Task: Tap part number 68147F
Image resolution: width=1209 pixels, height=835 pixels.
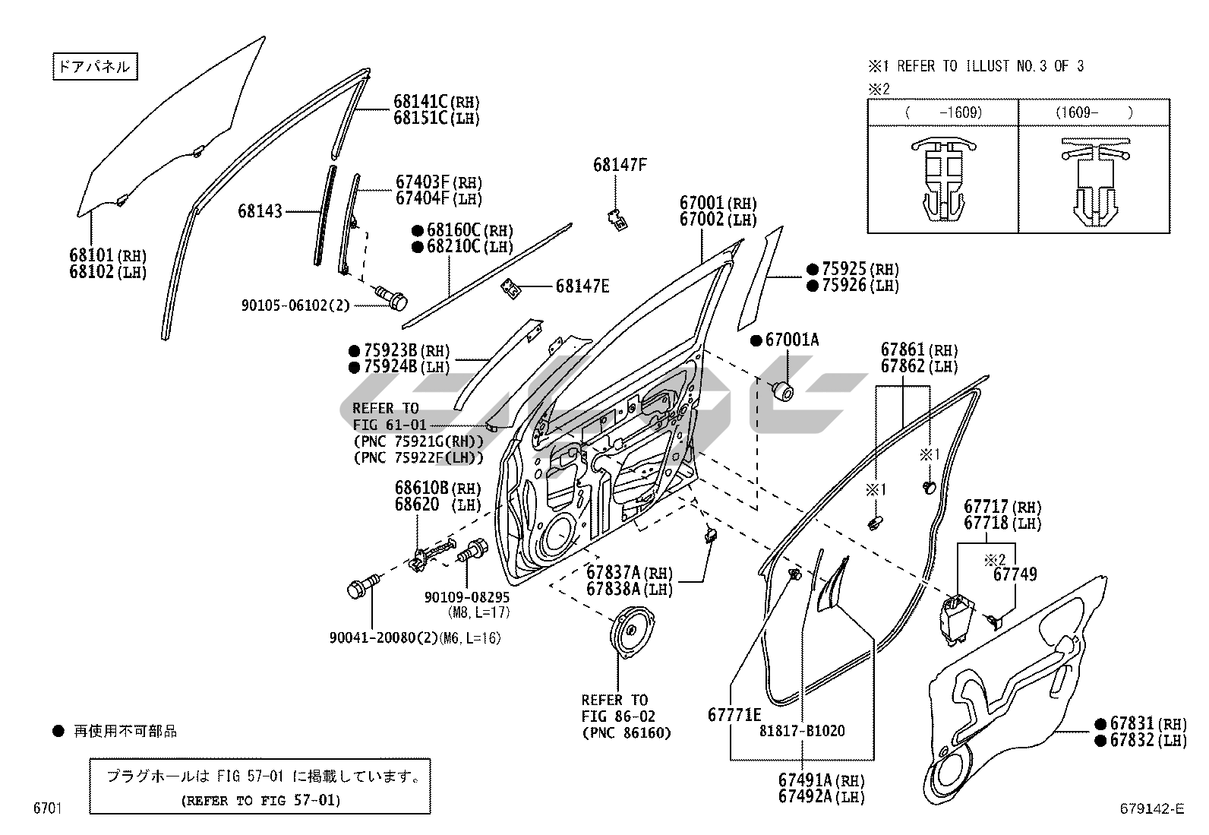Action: coord(620,165)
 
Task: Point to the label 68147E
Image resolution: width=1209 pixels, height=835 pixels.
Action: coord(582,286)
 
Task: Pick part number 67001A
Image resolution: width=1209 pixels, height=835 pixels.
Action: coord(791,340)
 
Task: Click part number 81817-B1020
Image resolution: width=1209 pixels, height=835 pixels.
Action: coord(802,732)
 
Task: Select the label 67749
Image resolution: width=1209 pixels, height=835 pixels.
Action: coord(1015,574)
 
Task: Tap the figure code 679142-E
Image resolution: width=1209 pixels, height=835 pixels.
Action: coord(1151,809)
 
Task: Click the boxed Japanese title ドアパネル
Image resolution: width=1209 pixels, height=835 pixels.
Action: coord(94,67)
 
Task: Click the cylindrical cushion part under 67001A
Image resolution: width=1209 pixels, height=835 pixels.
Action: coord(782,392)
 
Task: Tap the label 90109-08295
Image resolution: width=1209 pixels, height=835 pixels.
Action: coord(467,597)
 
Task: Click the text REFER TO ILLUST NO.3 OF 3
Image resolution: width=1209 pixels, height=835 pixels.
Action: coord(990,66)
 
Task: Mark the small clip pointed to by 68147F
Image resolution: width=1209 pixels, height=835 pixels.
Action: coord(617,219)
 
